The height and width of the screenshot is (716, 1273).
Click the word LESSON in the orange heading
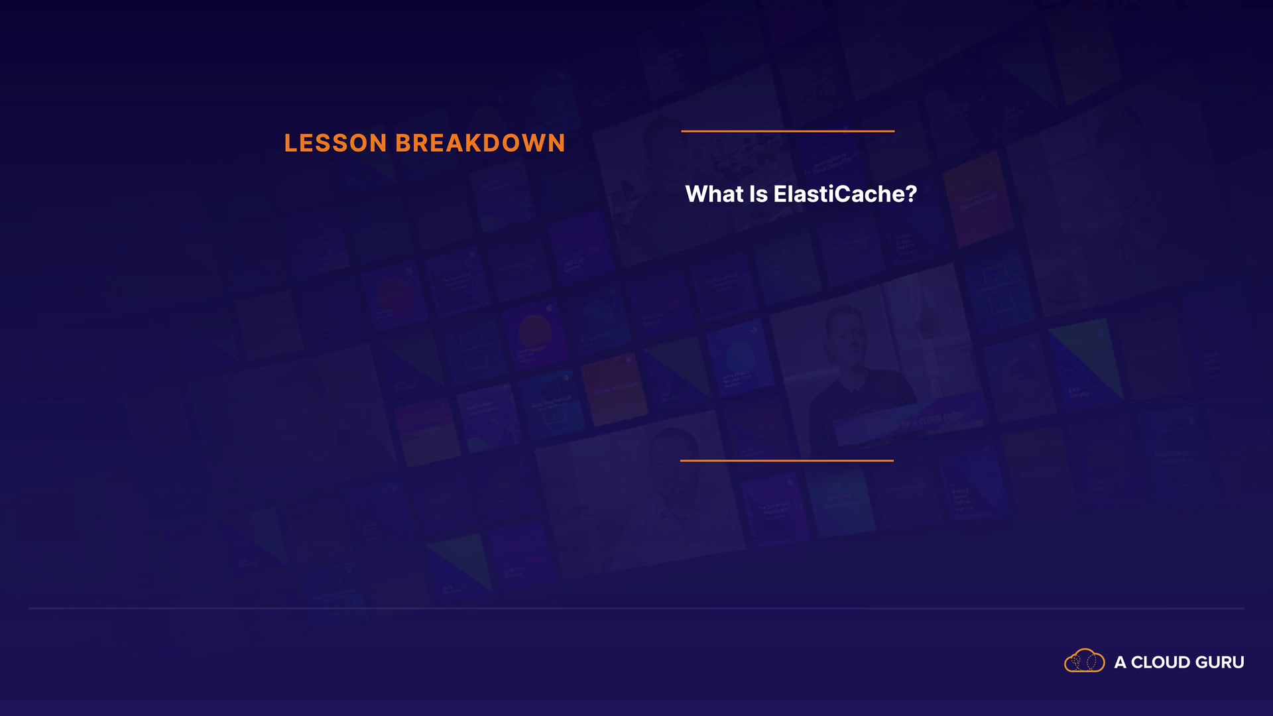[335, 143]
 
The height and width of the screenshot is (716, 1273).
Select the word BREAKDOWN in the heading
[480, 143]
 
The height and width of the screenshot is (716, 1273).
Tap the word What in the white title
[714, 194]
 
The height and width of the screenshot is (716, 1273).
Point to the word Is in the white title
[758, 194]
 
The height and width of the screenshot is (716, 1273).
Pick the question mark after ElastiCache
[910, 194]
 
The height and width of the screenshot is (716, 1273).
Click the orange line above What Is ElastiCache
[788, 131]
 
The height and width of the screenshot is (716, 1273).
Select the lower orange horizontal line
[787, 460]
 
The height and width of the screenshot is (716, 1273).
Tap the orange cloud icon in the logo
[1085, 660]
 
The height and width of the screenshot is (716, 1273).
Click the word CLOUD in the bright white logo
[1160, 662]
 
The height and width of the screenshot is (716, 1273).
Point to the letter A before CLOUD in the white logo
[1121, 662]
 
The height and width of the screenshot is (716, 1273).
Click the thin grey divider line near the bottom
[636, 608]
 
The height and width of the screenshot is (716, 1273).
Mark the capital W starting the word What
[697, 194]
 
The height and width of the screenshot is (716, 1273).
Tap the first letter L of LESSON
[291, 143]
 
